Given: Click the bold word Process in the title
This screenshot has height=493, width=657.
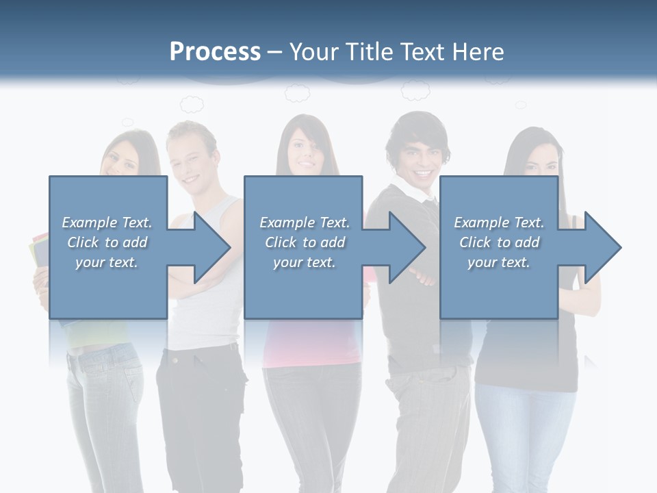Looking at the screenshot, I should [215, 52].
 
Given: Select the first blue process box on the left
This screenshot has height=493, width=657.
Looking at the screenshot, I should [107, 247].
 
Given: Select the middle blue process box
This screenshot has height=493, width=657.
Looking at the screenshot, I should [303, 247].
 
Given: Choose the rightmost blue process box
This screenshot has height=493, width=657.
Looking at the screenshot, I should [498, 247].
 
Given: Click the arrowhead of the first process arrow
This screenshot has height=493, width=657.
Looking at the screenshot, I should [212, 247].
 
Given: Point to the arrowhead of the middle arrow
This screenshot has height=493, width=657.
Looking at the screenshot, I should [407, 247].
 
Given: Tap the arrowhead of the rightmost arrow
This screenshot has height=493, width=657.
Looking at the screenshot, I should [602, 247].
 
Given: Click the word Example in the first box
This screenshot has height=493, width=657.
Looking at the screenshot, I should [89, 223].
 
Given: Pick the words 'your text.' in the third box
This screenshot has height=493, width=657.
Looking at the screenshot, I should [498, 262].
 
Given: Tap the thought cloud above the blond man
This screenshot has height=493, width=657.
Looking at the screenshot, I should [192, 104].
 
